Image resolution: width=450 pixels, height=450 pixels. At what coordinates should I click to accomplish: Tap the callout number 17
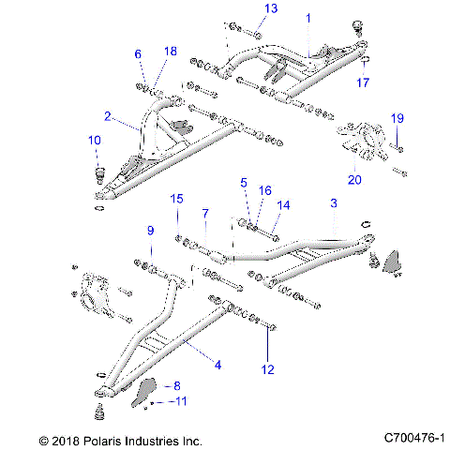364,82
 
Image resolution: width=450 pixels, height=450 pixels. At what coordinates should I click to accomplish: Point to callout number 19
397,118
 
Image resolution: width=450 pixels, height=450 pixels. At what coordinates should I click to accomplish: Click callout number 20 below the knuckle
353,179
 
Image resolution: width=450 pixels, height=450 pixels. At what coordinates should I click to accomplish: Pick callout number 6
138,53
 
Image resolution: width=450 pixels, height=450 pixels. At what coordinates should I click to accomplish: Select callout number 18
170,51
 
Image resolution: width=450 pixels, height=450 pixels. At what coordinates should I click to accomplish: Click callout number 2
108,117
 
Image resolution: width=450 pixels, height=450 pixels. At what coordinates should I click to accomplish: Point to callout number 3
333,203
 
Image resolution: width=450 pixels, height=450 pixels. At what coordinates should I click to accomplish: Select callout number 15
175,199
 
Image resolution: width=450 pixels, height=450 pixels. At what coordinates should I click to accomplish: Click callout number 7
205,214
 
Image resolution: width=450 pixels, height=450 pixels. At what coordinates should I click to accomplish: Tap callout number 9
148,231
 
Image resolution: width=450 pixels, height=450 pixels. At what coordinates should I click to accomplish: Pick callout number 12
268,369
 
